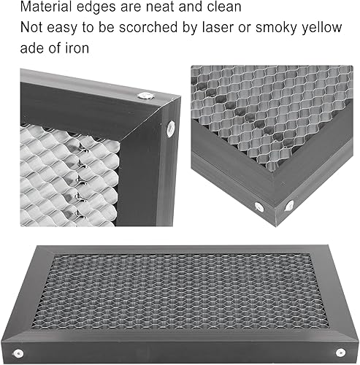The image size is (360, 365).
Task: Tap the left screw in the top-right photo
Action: pos(259,207)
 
